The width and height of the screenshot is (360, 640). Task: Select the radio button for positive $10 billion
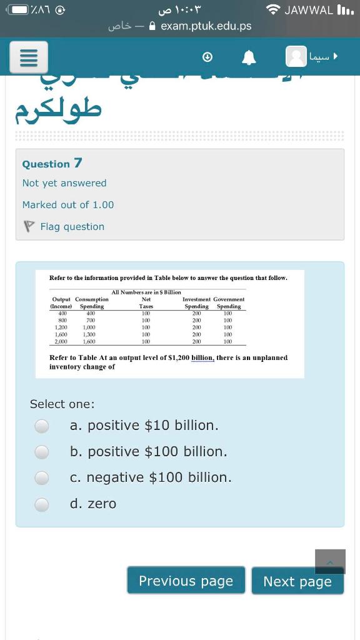[41, 426]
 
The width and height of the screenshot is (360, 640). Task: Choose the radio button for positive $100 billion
[41, 451]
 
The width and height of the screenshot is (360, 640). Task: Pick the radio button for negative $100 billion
[41, 477]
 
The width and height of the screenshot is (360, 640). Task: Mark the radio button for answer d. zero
[41, 504]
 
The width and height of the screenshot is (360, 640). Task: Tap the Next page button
[297, 581]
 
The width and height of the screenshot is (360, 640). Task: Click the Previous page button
[186, 581]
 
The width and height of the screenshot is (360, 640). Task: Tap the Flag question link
[72, 227]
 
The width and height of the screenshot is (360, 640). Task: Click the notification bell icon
[249, 57]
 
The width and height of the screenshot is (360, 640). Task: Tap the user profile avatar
[296, 57]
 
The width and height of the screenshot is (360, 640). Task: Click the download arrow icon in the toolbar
[208, 57]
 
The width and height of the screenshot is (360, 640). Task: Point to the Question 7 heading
[52, 164]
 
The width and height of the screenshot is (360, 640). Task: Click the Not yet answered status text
[64, 183]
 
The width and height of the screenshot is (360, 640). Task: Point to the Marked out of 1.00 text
[68, 205]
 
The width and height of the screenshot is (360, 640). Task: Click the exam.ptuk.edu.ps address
[206, 26]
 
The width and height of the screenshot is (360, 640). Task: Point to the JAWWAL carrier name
[309, 9]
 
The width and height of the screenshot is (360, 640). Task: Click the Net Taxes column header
[146, 303]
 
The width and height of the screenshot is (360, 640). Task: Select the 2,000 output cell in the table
[61, 342]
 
